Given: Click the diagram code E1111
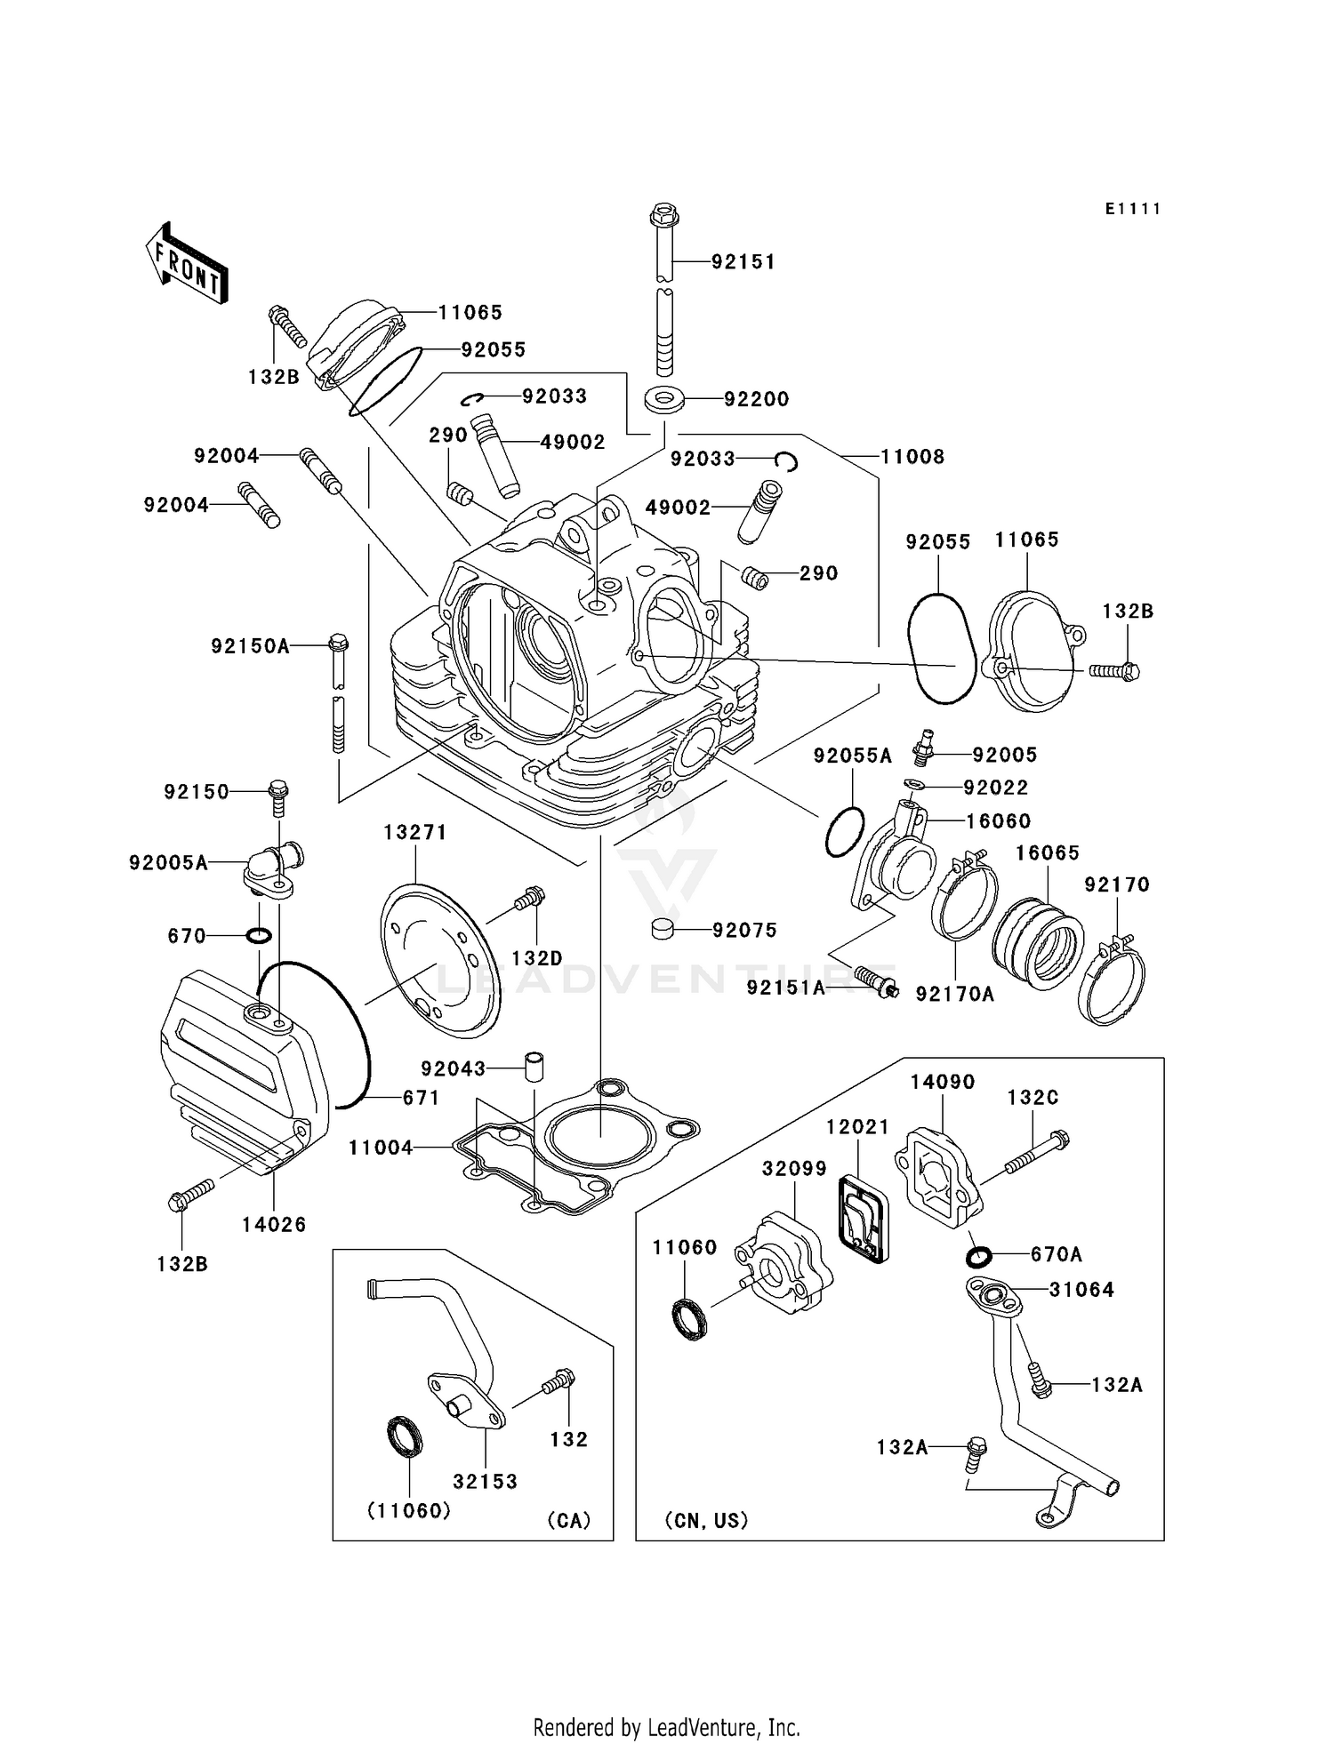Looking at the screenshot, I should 1133,209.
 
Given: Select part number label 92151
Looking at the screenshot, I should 743,261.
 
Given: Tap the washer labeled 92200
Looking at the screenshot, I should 663,400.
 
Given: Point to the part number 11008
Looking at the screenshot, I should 912,457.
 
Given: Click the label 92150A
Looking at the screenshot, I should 250,646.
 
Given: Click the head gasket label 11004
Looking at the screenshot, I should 381,1148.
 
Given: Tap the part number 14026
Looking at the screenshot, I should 274,1224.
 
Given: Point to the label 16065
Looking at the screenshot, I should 1048,853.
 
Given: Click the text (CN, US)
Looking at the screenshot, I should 706,1520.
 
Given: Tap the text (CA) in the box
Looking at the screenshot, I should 569,1520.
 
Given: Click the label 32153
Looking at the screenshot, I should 485,1481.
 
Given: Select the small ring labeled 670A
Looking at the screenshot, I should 977,1258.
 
